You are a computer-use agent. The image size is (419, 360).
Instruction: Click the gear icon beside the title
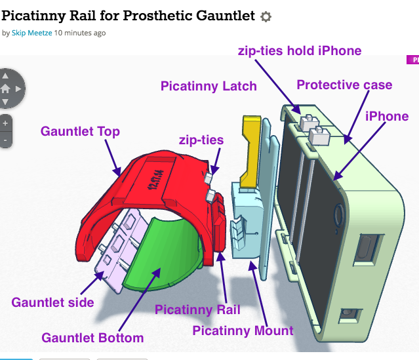click(266, 16)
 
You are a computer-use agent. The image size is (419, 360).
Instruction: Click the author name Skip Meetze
click(31, 32)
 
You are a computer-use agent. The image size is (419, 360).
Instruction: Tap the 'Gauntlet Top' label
click(80, 131)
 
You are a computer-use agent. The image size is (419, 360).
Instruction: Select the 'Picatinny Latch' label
click(209, 86)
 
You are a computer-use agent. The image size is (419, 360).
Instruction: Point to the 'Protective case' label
click(344, 85)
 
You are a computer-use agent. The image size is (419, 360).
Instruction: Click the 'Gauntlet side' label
click(52, 302)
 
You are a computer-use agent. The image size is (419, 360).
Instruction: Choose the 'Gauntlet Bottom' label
click(92, 338)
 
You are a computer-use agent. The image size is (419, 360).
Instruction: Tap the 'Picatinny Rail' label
click(197, 310)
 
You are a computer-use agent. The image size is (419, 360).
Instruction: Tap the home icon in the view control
click(5, 88)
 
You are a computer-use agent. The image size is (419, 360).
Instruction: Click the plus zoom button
click(5, 123)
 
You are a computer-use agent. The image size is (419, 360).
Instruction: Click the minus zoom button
click(5, 140)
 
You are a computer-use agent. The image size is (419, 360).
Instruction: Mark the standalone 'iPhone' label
click(387, 116)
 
